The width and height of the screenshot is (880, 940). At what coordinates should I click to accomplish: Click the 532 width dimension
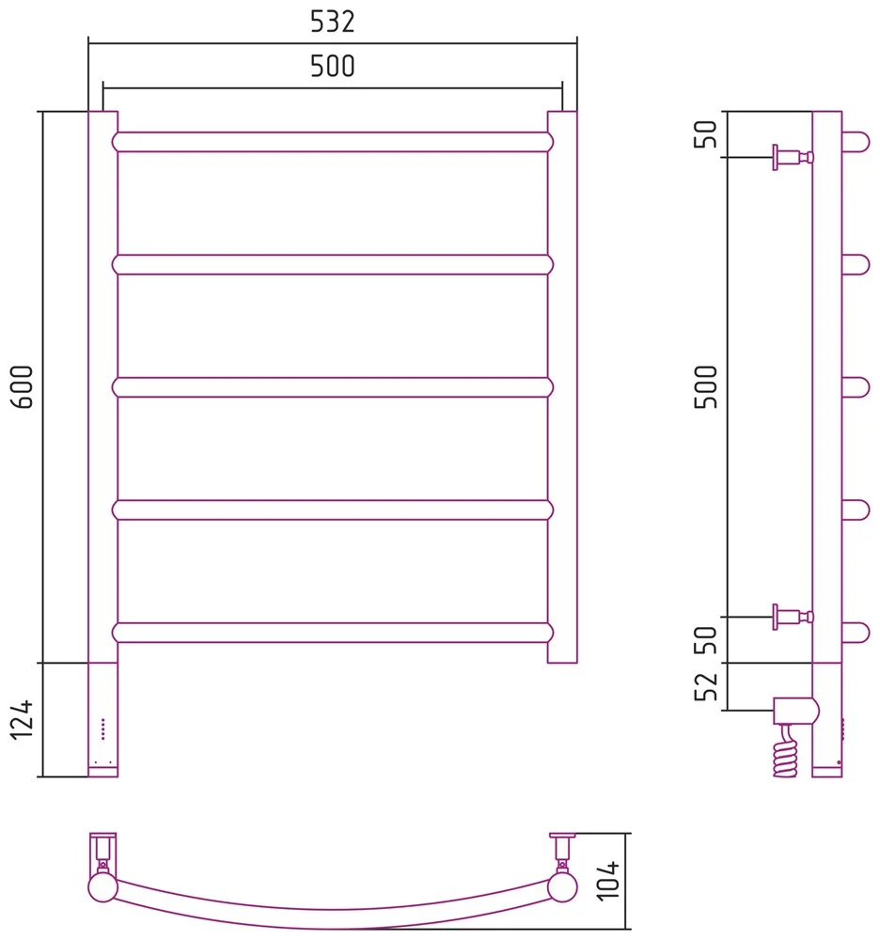(x=333, y=22)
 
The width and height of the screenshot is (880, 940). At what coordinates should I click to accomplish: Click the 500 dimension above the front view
(x=333, y=66)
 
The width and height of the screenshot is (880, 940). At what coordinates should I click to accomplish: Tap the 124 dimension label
(x=23, y=719)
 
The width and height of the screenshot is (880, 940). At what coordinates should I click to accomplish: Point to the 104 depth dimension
(x=608, y=881)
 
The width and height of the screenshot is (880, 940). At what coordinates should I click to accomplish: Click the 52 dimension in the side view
(x=705, y=687)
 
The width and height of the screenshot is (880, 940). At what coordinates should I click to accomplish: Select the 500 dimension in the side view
(x=705, y=386)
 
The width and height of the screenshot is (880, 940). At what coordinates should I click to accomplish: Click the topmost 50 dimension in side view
(x=705, y=134)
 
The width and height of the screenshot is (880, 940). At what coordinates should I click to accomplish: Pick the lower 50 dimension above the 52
(x=705, y=640)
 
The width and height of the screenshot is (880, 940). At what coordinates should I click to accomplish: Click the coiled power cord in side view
(x=785, y=752)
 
